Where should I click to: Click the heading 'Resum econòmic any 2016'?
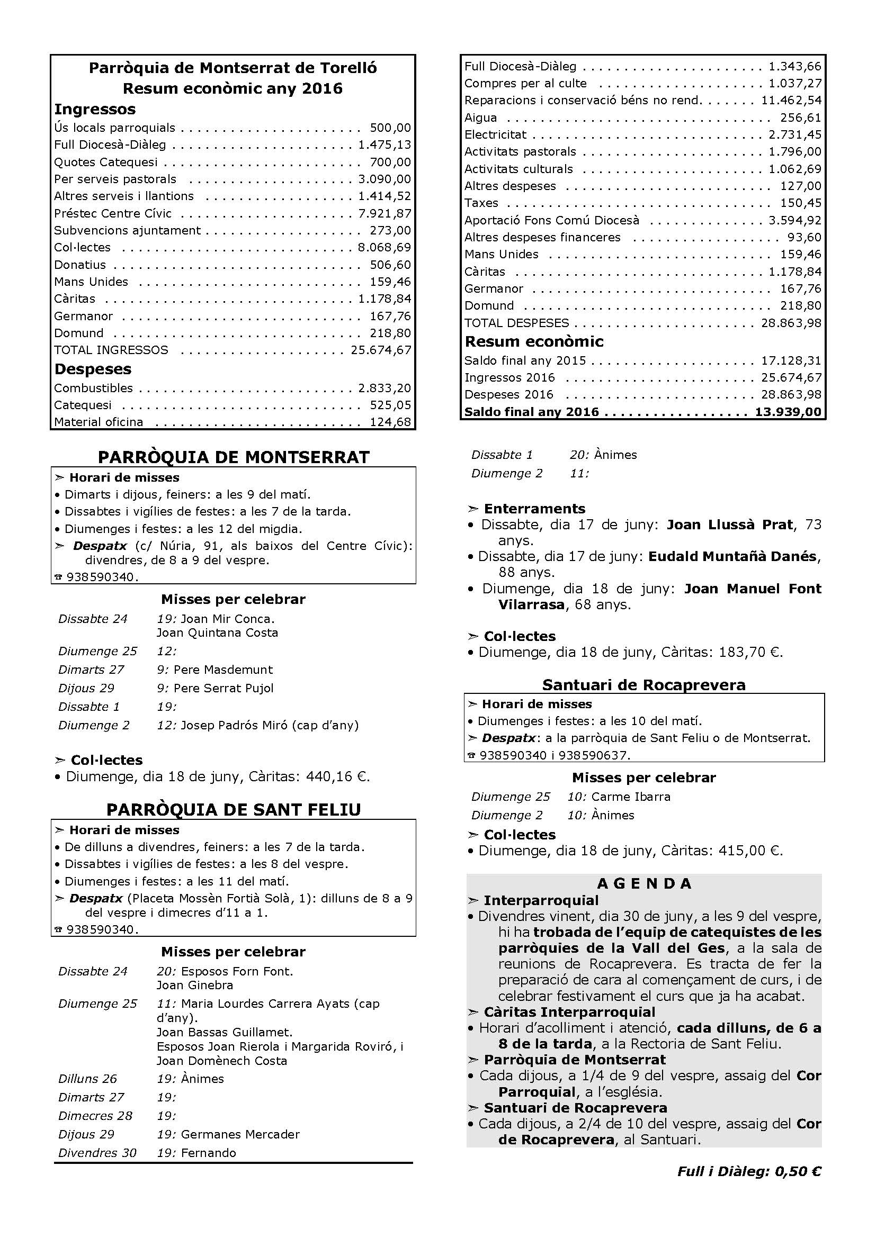point(233,88)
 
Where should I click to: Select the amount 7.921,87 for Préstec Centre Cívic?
point(384,213)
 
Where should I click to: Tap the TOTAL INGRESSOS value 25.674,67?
point(381,350)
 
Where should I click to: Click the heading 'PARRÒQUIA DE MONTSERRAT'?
point(234,457)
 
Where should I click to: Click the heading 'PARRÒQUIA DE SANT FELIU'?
point(234,810)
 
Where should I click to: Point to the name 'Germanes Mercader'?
point(240,1134)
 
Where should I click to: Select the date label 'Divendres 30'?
point(97,1153)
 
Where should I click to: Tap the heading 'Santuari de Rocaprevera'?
point(643,685)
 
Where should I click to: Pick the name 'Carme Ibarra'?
point(631,797)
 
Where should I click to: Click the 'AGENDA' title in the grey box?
point(644,884)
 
